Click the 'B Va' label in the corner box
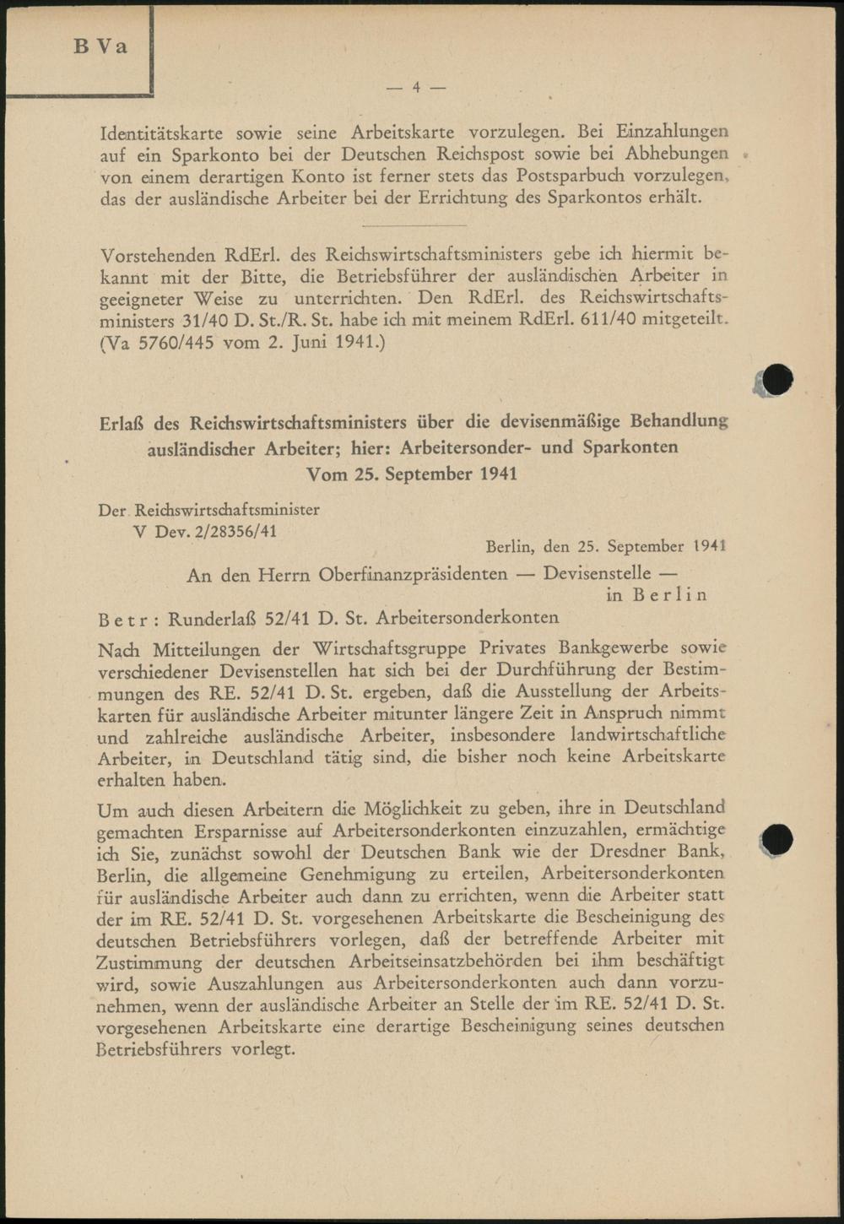click(100, 46)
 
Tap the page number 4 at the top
click(416, 87)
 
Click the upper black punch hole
click(776, 381)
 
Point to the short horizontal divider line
click(413, 225)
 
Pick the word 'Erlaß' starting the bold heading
click(120, 422)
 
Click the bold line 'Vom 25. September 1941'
click(412, 474)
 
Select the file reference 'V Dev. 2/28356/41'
click(205, 532)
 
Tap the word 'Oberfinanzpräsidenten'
click(413, 575)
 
